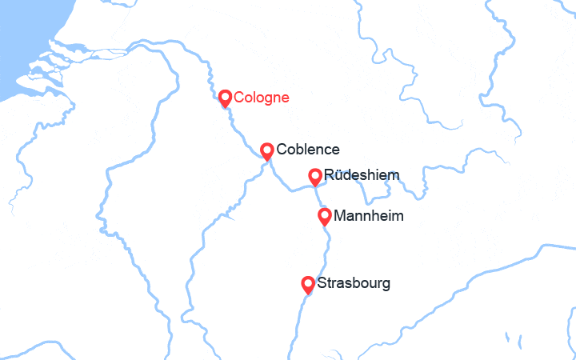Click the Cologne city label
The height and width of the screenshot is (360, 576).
click(x=261, y=98)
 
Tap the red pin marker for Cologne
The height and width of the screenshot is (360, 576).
click(x=226, y=98)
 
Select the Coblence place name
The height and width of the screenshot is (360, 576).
click(x=307, y=150)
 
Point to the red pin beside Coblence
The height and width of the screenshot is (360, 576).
click(x=268, y=150)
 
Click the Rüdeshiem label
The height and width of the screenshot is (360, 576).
click(x=358, y=175)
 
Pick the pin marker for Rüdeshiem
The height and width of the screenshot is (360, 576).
click(x=316, y=175)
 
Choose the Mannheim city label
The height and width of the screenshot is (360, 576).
click(x=368, y=216)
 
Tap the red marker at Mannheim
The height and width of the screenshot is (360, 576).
click(x=325, y=215)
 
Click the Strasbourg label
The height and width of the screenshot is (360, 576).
click(x=354, y=283)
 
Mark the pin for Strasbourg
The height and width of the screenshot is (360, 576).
click(x=308, y=283)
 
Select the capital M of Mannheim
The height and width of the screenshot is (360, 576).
click(x=339, y=216)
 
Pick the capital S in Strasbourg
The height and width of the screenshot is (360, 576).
click(x=322, y=283)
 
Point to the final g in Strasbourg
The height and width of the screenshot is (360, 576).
click(x=386, y=285)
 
